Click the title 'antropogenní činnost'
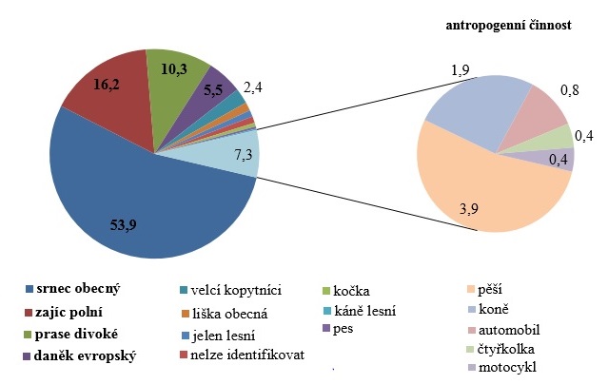tap(508, 27)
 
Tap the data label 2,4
tap(253, 88)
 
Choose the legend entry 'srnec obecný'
tap(80, 287)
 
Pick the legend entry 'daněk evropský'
tap(85, 356)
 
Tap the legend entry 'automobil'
tap(513, 329)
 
